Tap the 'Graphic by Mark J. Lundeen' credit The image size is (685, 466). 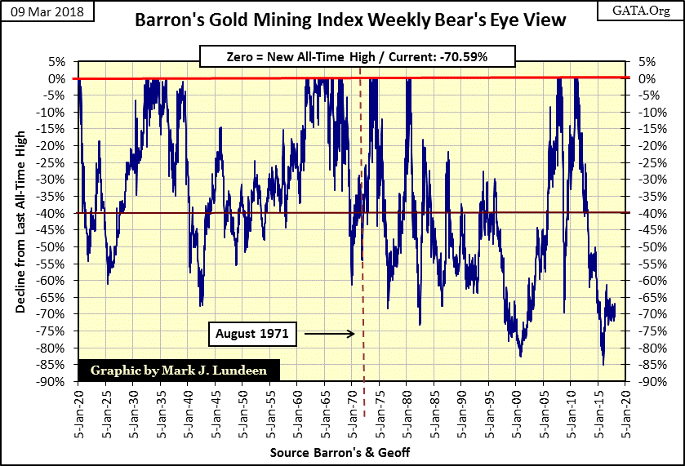(x=178, y=371)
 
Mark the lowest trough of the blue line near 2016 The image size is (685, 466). (x=603, y=365)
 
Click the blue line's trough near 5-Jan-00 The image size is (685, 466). (x=520, y=356)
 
